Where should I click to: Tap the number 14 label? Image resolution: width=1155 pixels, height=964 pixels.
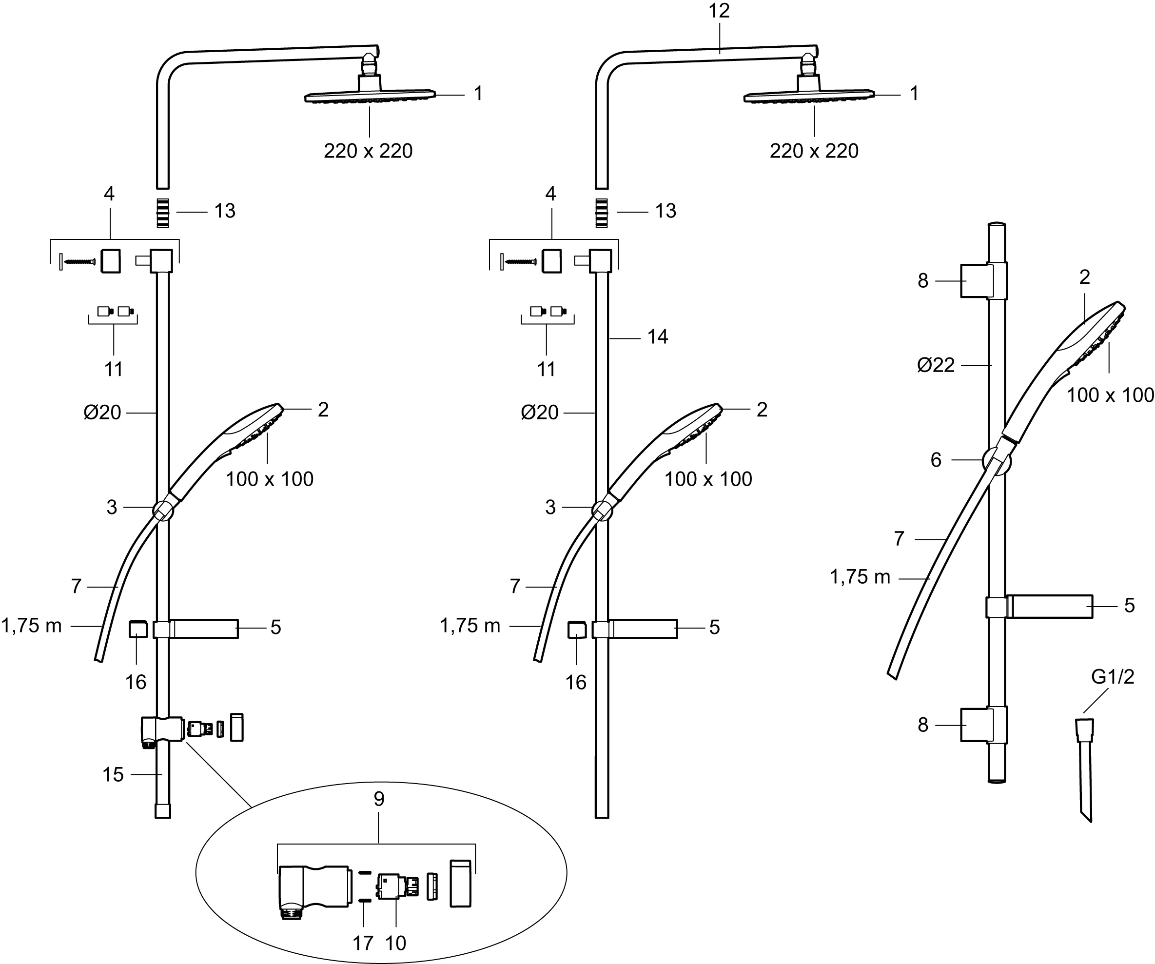(x=657, y=336)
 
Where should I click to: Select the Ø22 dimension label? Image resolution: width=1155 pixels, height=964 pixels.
(x=936, y=365)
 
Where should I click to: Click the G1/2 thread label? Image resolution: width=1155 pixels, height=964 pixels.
(x=1113, y=676)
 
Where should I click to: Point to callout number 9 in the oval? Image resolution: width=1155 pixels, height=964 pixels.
(x=378, y=799)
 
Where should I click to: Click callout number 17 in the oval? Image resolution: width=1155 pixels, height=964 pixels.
(x=362, y=943)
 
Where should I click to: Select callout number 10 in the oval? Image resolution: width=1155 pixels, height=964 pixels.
(x=395, y=943)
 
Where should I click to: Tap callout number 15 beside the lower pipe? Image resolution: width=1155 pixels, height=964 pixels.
(x=113, y=775)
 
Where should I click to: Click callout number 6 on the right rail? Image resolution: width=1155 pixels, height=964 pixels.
(x=936, y=460)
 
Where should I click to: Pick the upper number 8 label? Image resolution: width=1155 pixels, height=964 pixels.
(x=923, y=281)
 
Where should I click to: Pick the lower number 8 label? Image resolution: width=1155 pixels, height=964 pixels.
(x=923, y=725)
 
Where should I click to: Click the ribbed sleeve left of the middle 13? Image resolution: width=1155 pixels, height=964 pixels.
(x=602, y=213)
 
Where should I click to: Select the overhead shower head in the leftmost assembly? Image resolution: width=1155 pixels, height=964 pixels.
(x=370, y=96)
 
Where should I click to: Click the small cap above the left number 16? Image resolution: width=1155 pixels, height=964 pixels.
(x=137, y=629)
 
